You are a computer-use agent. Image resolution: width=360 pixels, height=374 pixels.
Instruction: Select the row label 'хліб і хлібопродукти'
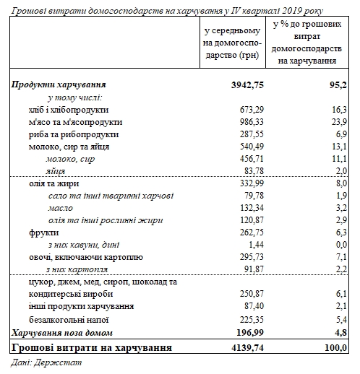click(x=69, y=110)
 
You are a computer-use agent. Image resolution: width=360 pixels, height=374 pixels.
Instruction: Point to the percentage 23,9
click(x=339, y=122)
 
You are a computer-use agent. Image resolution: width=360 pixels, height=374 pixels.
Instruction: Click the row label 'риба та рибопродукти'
click(x=69, y=134)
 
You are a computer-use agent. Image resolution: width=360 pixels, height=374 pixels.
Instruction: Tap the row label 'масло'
click(x=60, y=209)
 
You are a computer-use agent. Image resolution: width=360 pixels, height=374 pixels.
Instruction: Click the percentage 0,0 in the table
click(x=341, y=245)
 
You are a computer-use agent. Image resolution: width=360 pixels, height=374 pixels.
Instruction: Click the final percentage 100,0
click(x=336, y=347)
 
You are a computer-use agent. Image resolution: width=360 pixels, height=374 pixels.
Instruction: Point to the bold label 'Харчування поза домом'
click(x=63, y=331)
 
